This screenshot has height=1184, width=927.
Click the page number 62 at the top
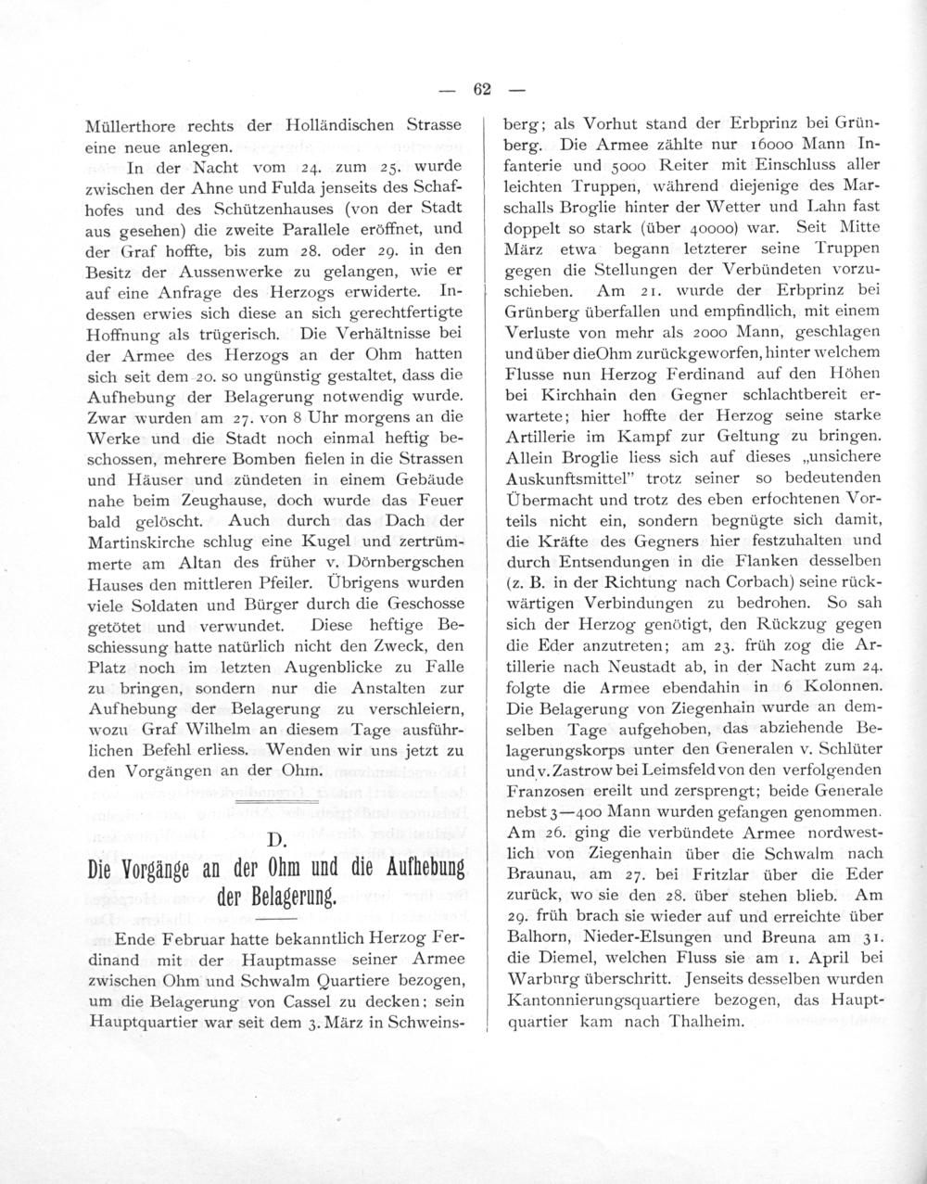point(481,89)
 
